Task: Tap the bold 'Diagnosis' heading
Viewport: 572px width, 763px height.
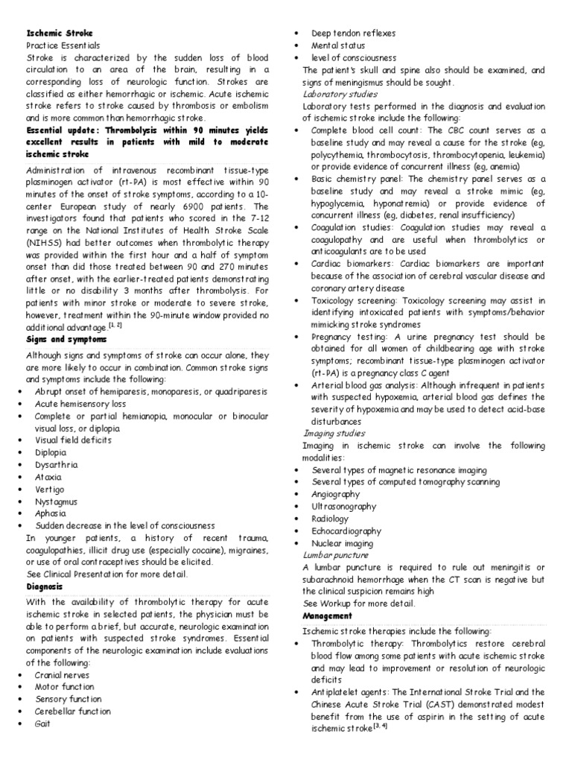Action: [x=44, y=586]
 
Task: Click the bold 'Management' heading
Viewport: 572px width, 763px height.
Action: [x=327, y=616]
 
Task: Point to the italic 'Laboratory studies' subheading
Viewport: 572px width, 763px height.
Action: [x=340, y=95]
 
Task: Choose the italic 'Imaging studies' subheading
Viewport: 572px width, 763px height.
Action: [x=334, y=433]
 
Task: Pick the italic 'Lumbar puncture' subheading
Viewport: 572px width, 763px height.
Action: [x=335, y=555]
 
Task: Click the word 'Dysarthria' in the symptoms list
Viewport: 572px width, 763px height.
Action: [x=56, y=464]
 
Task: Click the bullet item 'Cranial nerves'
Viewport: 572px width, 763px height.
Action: [x=61, y=674]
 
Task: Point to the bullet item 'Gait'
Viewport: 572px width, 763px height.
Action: [x=43, y=723]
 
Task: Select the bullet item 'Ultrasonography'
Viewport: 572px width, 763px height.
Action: [x=344, y=506]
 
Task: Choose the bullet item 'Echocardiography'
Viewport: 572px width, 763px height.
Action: [x=347, y=531]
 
